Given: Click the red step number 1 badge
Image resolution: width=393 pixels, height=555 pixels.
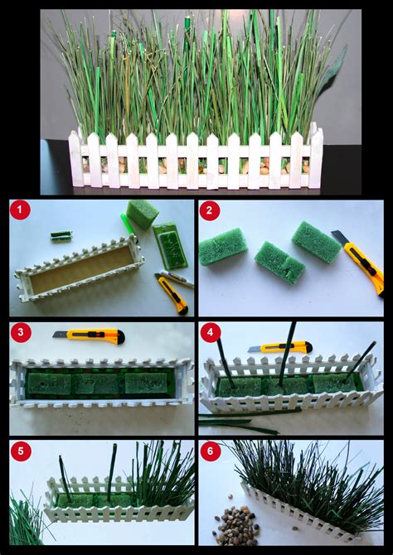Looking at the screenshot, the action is pos(20,210).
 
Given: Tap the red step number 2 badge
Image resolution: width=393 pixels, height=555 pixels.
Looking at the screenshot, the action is pos(210,210).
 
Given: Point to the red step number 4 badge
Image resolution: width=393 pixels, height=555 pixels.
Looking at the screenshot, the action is pos(211,332).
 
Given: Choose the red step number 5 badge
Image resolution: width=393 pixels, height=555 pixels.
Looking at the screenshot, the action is pos(21,451).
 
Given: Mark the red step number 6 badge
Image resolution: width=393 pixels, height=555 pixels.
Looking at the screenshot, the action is pos(211,451).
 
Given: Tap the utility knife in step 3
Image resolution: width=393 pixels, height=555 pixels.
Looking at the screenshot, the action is pos(89,336).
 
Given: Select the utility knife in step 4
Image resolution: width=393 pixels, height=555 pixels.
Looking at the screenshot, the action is pos(280,347).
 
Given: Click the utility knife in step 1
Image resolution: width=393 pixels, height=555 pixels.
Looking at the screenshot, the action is pos(172,293).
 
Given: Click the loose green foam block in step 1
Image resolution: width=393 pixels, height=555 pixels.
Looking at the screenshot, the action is pos(143,214).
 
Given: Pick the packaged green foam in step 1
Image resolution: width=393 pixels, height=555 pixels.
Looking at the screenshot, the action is pos(171,245).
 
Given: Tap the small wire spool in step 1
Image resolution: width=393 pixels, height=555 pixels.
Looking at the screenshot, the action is pos(61,236).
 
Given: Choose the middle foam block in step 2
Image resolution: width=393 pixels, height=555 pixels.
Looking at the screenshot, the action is pos(279,263).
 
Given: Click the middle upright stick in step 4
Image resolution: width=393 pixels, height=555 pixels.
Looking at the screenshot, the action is pos(287,354).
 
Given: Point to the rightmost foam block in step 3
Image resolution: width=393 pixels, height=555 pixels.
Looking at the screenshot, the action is pos(146,383).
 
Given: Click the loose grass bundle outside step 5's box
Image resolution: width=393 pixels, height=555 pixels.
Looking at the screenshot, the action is pos(29,516).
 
